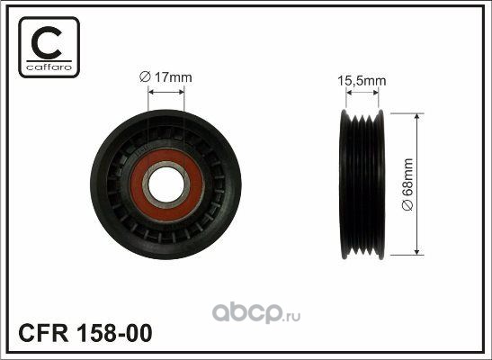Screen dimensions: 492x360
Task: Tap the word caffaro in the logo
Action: (49, 67)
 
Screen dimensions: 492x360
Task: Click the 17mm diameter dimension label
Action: (165, 77)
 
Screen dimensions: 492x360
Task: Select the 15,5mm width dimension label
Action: (362, 81)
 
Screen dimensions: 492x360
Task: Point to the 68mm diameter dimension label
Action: (408, 184)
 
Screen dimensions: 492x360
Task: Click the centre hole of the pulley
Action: (165, 185)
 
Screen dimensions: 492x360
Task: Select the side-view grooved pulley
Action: (362, 184)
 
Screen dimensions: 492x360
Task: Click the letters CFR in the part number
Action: (43, 333)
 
